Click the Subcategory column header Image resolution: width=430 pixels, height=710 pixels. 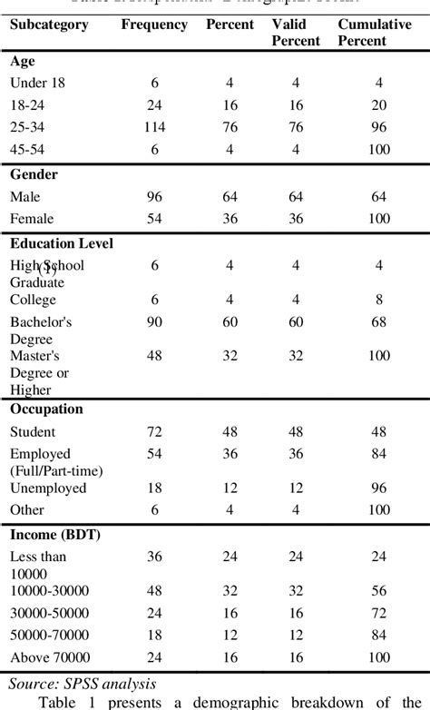coord(49,25)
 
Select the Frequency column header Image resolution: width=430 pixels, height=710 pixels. coord(154,25)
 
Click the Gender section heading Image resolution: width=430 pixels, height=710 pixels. coord(34,173)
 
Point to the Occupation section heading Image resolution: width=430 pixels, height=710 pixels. coord(46,409)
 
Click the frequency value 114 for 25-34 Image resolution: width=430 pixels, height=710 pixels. coord(154,127)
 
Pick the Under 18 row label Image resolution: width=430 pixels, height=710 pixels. coord(36,84)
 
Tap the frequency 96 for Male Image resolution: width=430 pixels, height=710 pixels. coord(154,195)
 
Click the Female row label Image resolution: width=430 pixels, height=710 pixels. coord(33,218)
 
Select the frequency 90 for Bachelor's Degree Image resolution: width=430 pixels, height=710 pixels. coord(154,321)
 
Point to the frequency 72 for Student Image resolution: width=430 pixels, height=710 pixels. coord(154,430)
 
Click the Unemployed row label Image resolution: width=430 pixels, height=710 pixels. coord(47,488)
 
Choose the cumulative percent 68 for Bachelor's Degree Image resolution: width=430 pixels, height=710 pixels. coord(379,321)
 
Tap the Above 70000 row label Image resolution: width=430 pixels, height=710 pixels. coord(49,657)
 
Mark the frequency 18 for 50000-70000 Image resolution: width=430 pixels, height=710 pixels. coord(154,634)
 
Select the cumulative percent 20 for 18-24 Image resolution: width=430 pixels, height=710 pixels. coord(379,105)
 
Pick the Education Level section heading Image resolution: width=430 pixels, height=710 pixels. coord(62,243)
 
